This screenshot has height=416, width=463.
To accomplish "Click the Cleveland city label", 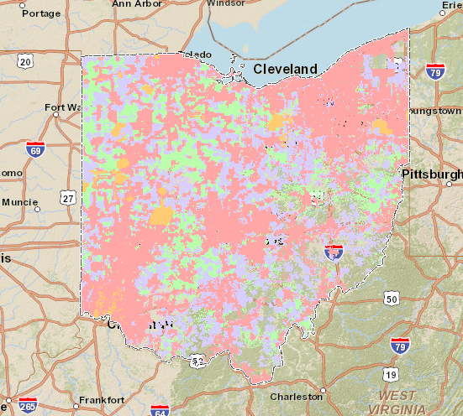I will [285, 69].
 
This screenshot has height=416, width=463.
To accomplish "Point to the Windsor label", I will [226, 3].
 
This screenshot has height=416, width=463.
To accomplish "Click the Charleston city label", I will [296, 397].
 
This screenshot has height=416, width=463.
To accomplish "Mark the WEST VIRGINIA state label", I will [408, 401].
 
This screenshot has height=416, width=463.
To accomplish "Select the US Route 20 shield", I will [25, 60].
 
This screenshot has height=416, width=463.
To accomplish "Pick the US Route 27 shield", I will [68, 197].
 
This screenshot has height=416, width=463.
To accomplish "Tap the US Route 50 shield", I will [391, 298].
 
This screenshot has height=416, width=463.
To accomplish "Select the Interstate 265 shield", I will [29, 406].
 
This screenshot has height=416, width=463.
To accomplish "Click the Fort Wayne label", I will [62, 107].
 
